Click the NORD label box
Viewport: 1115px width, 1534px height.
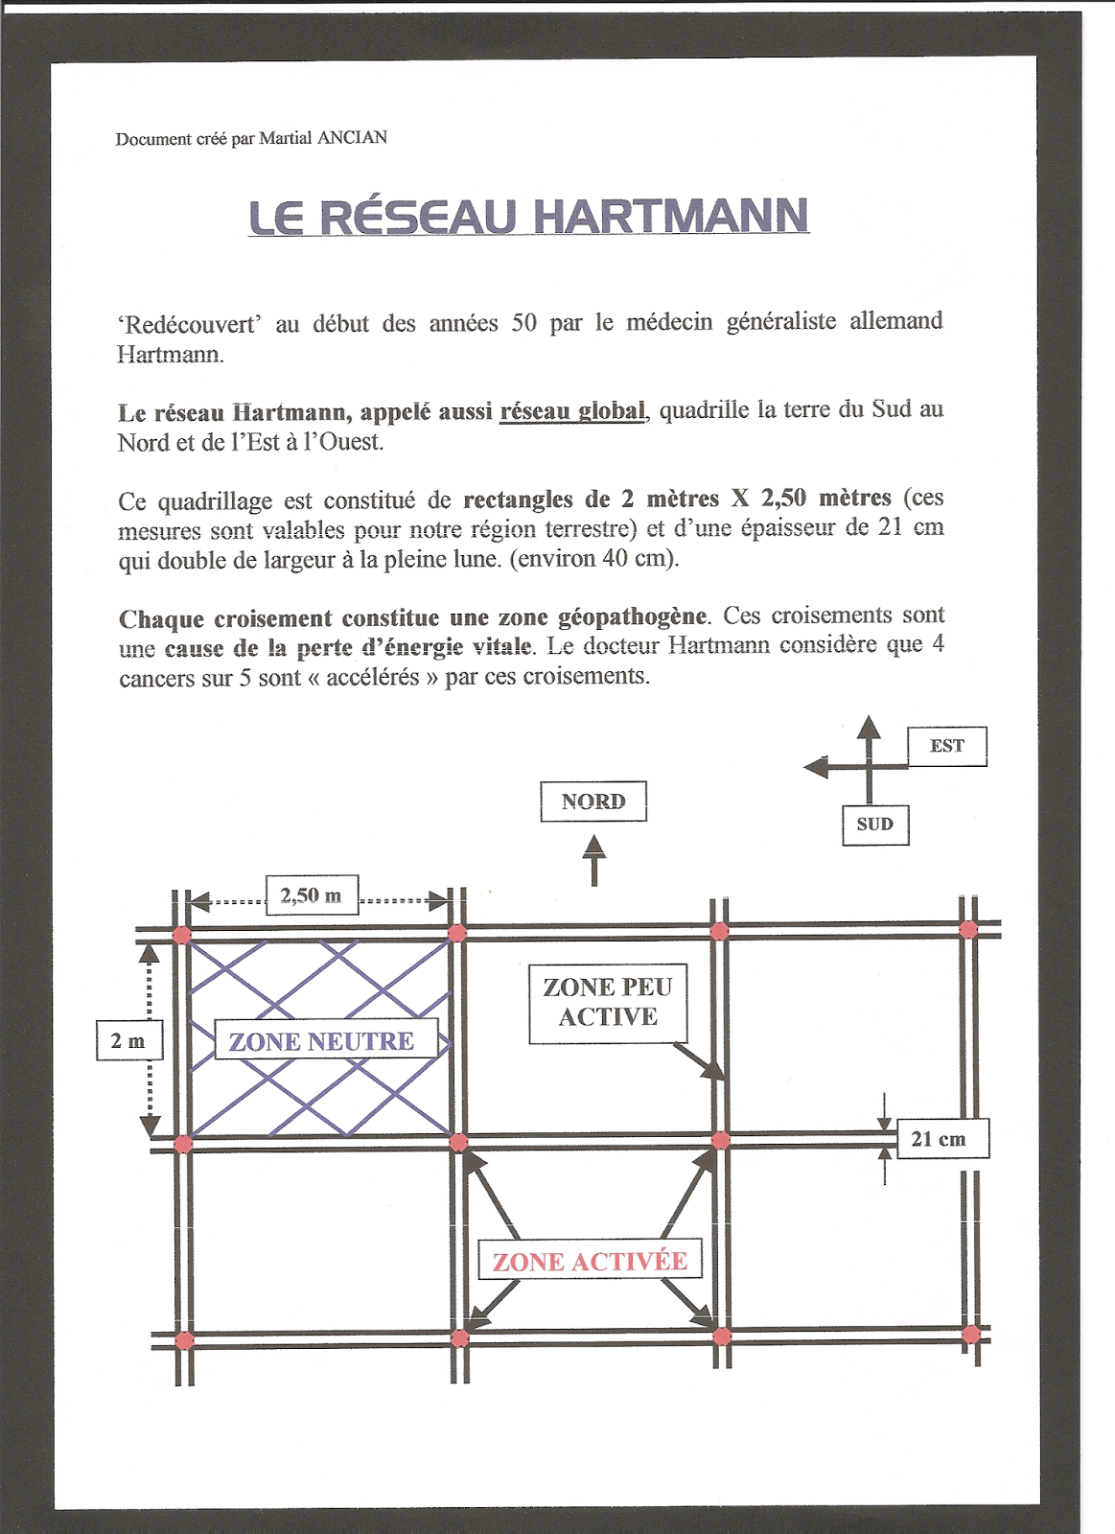pos(593,802)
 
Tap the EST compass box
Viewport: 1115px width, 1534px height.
pos(947,746)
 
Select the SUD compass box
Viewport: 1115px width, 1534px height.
pos(875,825)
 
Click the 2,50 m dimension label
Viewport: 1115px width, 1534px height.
pos(312,895)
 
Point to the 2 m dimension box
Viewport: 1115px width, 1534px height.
pos(129,1041)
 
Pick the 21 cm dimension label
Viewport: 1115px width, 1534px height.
pos(939,1139)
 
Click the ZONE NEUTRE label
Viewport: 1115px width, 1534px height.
pos(322,1041)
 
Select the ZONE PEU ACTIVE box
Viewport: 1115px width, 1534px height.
pos(608,1003)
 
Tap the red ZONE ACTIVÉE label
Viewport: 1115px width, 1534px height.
pos(590,1261)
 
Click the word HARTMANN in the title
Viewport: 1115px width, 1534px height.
pos(670,217)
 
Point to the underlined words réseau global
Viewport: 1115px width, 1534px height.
pos(572,411)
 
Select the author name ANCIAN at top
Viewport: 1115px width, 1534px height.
pos(352,138)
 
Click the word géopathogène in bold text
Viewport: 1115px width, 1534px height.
pos(632,616)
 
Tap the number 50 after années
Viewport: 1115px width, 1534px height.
pos(524,323)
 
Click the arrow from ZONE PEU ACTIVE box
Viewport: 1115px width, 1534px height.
pos(699,1062)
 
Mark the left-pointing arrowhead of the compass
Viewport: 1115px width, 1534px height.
pos(816,767)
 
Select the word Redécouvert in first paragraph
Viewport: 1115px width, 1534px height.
pos(192,325)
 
